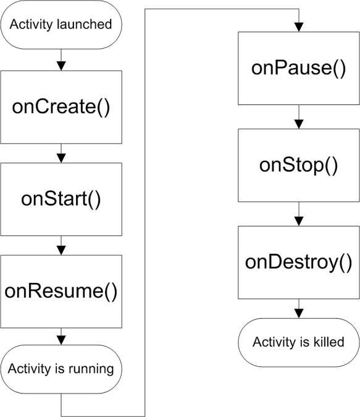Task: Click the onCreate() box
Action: click(x=61, y=107)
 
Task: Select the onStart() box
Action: click(x=61, y=199)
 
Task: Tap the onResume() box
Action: click(x=61, y=292)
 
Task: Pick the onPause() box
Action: click(x=299, y=68)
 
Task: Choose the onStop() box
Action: click(x=299, y=166)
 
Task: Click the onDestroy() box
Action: click(x=299, y=263)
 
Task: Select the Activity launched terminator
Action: click(x=61, y=25)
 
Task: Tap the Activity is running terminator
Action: click(x=61, y=369)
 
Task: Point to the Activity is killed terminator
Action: click(x=299, y=342)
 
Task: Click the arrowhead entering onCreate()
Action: click(x=61, y=66)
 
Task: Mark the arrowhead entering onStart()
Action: click(x=61, y=159)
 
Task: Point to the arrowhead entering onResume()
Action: click(x=61, y=251)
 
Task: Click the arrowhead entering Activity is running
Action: click(x=61, y=340)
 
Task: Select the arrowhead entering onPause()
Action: click(x=299, y=27)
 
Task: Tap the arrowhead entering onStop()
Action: click(x=299, y=124)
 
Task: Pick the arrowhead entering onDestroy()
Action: click(x=299, y=222)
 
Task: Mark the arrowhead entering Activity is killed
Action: click(x=299, y=314)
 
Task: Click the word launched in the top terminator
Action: click(x=84, y=24)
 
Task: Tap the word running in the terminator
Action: click(x=91, y=369)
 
